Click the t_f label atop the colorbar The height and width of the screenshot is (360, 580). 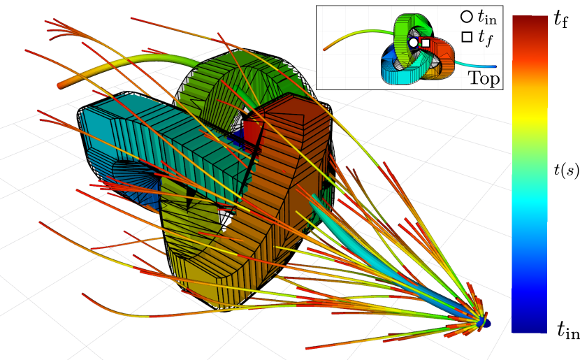pos(560,18)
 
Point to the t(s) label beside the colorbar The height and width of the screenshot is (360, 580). pos(566,170)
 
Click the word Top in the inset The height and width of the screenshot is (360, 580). pos(484,78)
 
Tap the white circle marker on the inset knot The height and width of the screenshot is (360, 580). pos(414,43)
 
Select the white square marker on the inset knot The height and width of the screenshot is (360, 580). pos(426,43)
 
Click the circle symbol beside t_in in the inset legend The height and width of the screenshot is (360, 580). pos(466,17)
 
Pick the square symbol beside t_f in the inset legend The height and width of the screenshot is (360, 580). pos(467,37)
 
